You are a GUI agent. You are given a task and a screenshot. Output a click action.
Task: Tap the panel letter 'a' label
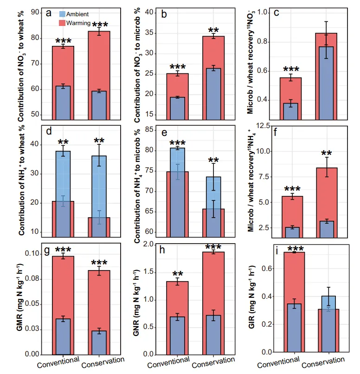[x=49, y=13]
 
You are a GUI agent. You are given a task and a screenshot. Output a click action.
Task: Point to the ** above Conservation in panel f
[x=327, y=153]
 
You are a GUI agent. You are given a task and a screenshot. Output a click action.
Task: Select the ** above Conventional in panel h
[x=178, y=273]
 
